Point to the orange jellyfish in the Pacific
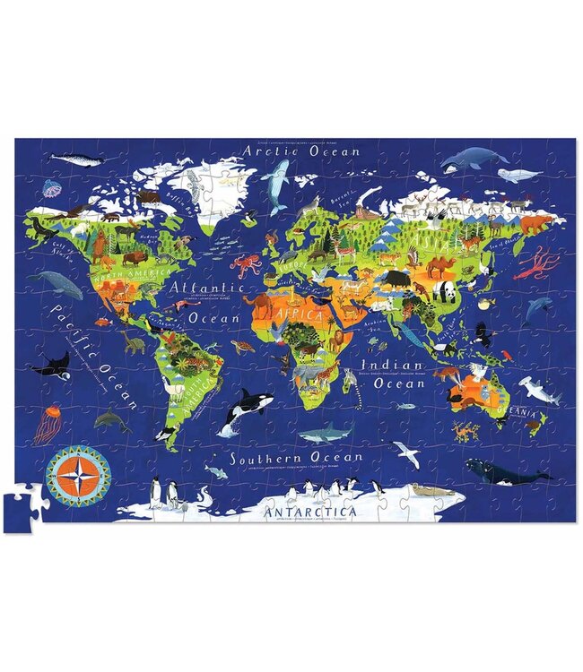47,423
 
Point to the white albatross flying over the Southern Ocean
409,454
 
